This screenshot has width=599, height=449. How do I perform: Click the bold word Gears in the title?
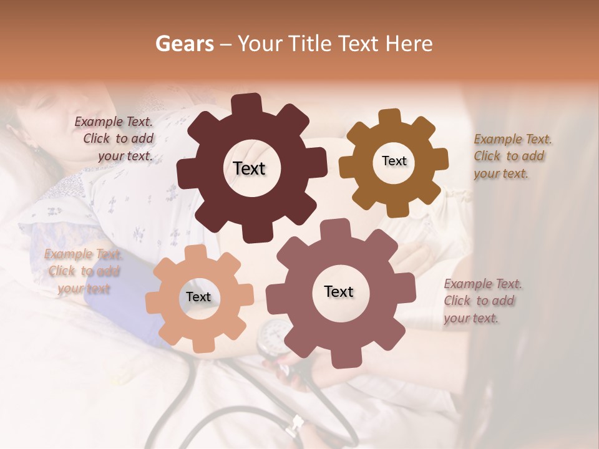tap(184, 44)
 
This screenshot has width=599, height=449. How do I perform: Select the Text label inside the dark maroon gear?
tap(250, 168)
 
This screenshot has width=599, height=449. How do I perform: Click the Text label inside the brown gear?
tap(394, 161)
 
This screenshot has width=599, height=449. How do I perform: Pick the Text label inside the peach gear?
tap(198, 297)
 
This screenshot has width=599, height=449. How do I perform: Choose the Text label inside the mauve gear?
tap(339, 292)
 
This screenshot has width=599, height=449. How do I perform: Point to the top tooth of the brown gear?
tap(390, 117)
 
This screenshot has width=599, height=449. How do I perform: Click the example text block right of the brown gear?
tap(512, 157)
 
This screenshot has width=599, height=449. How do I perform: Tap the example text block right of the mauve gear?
tap(482, 301)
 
